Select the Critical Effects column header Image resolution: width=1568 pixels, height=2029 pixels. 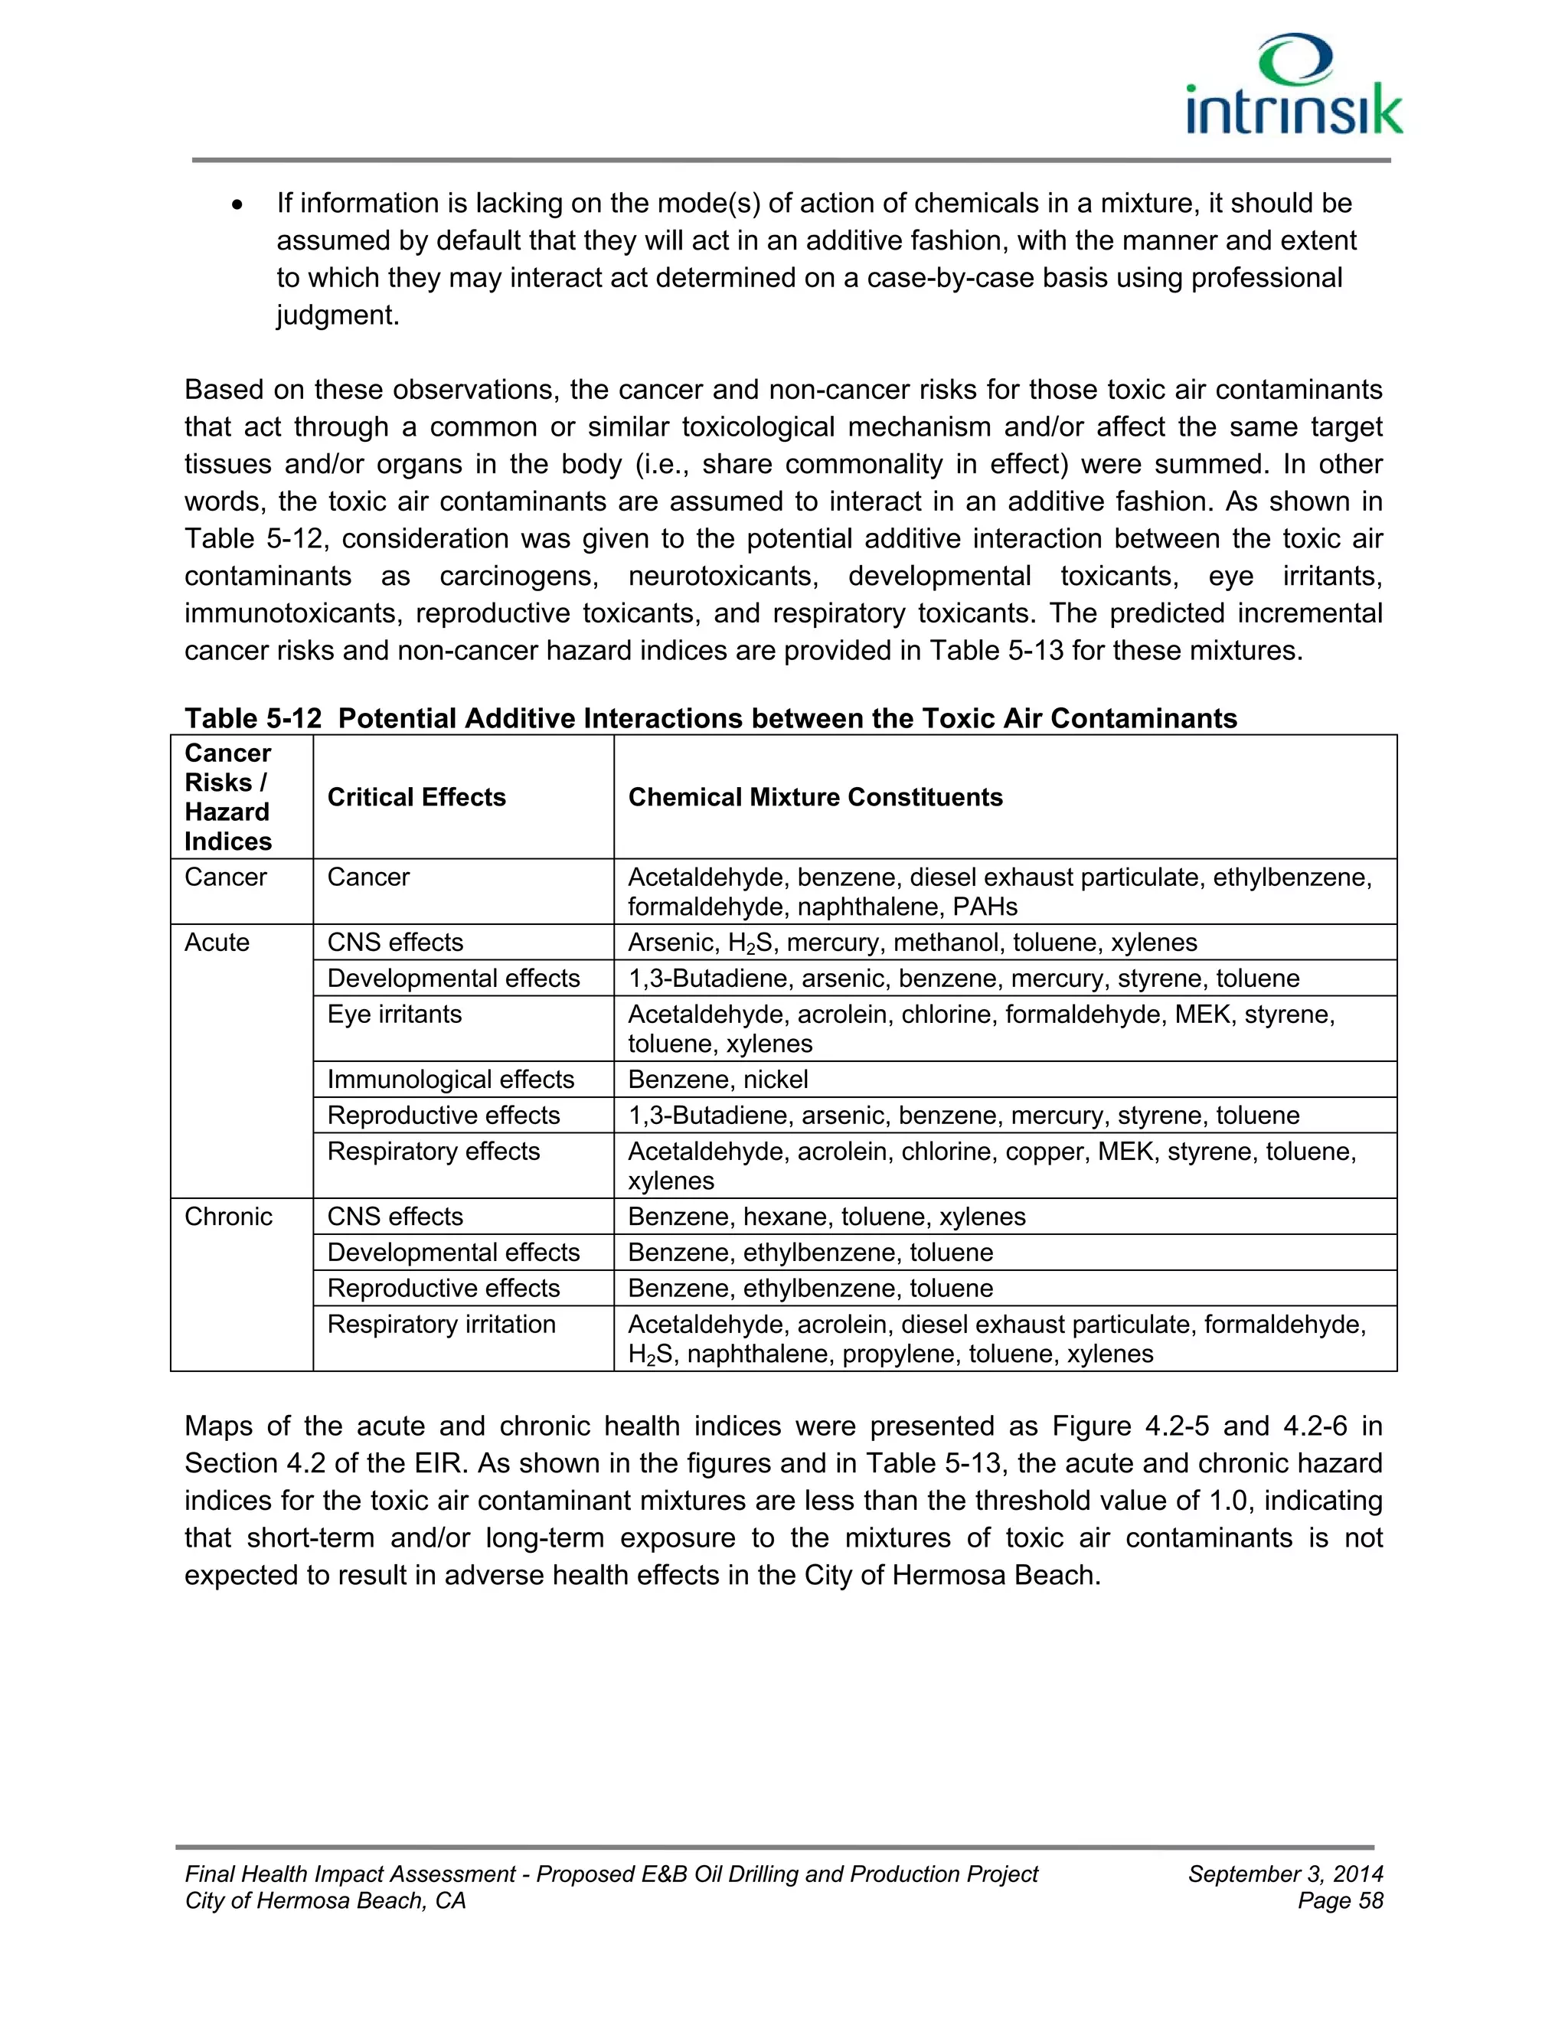[x=416, y=797]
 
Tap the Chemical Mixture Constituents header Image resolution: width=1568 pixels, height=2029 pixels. [x=815, y=797]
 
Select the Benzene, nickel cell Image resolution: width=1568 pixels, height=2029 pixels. [x=717, y=1079]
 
